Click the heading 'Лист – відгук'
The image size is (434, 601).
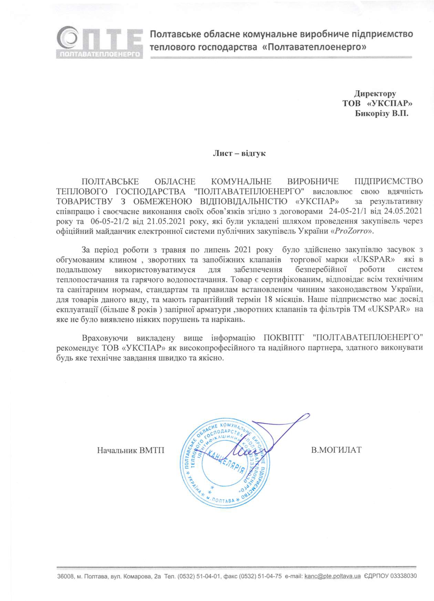[239, 153]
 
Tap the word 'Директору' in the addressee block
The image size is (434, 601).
[375, 94]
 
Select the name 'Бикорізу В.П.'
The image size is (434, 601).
[382, 113]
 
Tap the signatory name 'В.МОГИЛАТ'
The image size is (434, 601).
[336, 449]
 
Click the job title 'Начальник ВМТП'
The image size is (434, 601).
[131, 450]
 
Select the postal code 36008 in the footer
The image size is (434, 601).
[65, 576]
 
